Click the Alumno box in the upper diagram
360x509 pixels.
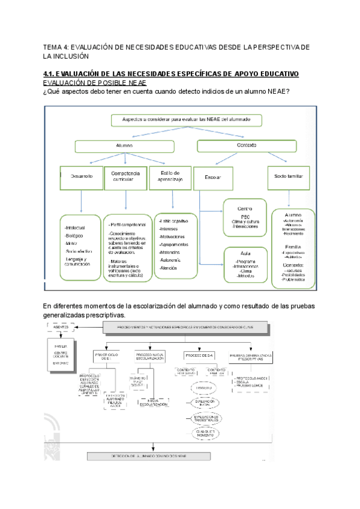[125, 145]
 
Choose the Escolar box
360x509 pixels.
[214, 178]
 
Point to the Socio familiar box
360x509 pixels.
[290, 177]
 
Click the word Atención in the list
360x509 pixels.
[169, 268]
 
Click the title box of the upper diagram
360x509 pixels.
[187, 120]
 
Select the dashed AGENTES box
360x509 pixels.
[62, 327]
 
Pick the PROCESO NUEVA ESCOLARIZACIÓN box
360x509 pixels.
[150, 356]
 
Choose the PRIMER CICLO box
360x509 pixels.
[107, 356]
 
